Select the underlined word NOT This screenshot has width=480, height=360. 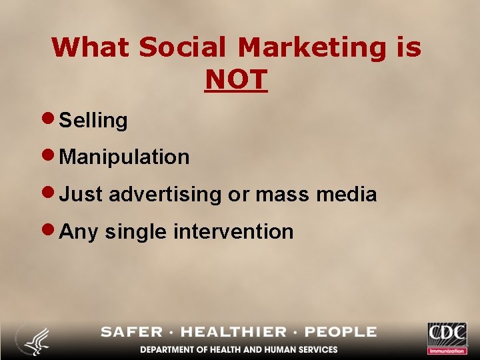tap(236, 80)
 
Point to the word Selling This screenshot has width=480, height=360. tap(93, 121)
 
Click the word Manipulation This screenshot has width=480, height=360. tap(125, 157)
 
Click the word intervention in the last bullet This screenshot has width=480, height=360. tap(233, 231)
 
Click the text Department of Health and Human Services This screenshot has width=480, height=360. tap(239, 349)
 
